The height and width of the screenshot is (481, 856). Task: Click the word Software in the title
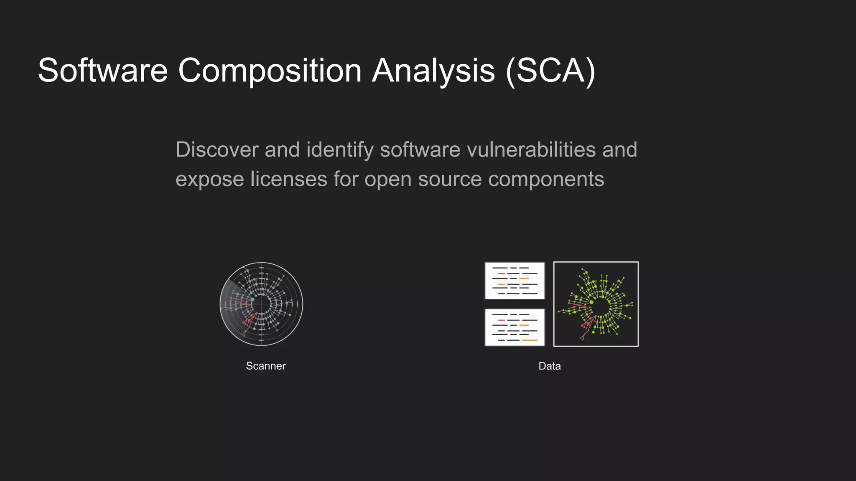(x=103, y=71)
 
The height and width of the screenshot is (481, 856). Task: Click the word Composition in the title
(x=270, y=71)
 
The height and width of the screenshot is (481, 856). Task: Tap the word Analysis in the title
(x=433, y=71)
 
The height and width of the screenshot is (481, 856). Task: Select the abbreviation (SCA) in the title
(x=550, y=71)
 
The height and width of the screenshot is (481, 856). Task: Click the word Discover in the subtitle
(x=217, y=149)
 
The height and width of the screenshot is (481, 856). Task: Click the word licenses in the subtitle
(x=288, y=179)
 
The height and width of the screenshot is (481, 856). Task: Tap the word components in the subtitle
(x=546, y=179)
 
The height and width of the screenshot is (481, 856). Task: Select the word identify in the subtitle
(x=340, y=149)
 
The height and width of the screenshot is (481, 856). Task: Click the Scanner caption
(x=266, y=366)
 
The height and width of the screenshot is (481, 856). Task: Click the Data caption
(x=550, y=366)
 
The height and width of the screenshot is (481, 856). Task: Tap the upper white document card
(x=515, y=281)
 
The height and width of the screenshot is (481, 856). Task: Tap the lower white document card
(x=515, y=327)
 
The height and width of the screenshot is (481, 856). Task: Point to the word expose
(x=210, y=179)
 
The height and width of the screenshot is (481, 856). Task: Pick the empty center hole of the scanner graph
(x=262, y=304)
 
